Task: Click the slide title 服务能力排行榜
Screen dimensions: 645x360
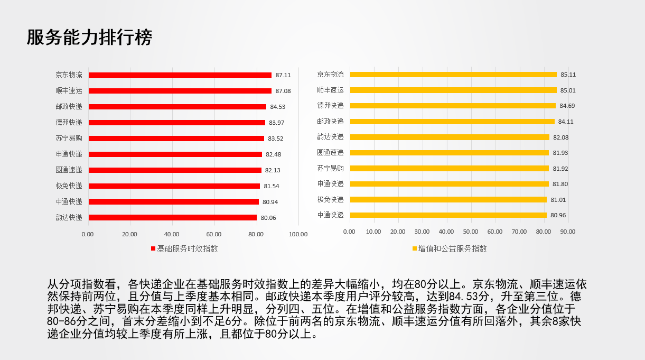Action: [89, 38]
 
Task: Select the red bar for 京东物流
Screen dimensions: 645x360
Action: [180, 75]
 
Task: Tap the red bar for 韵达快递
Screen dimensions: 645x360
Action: [173, 218]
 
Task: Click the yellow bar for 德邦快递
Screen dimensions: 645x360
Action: [453, 106]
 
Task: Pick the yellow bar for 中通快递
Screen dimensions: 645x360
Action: [448, 215]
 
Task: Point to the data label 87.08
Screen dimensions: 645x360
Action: [283, 91]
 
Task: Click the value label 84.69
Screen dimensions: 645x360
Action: [567, 106]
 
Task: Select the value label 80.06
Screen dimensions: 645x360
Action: [268, 218]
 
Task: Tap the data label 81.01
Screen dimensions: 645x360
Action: [558, 200]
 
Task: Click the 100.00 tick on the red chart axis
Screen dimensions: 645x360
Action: [298, 234]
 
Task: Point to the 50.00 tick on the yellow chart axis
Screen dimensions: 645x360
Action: [471, 232]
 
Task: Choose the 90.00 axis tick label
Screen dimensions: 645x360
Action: [567, 232]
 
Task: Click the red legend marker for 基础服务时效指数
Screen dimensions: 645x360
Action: [153, 248]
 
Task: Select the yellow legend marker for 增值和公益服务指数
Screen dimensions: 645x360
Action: [415, 248]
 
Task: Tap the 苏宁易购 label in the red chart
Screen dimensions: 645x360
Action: [69, 139]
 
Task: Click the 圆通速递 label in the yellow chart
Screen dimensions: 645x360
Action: [330, 152]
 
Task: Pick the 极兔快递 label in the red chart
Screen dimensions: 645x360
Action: [69, 186]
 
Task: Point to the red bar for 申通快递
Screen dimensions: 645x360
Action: [175, 154]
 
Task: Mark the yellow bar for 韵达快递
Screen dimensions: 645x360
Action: [450, 137]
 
